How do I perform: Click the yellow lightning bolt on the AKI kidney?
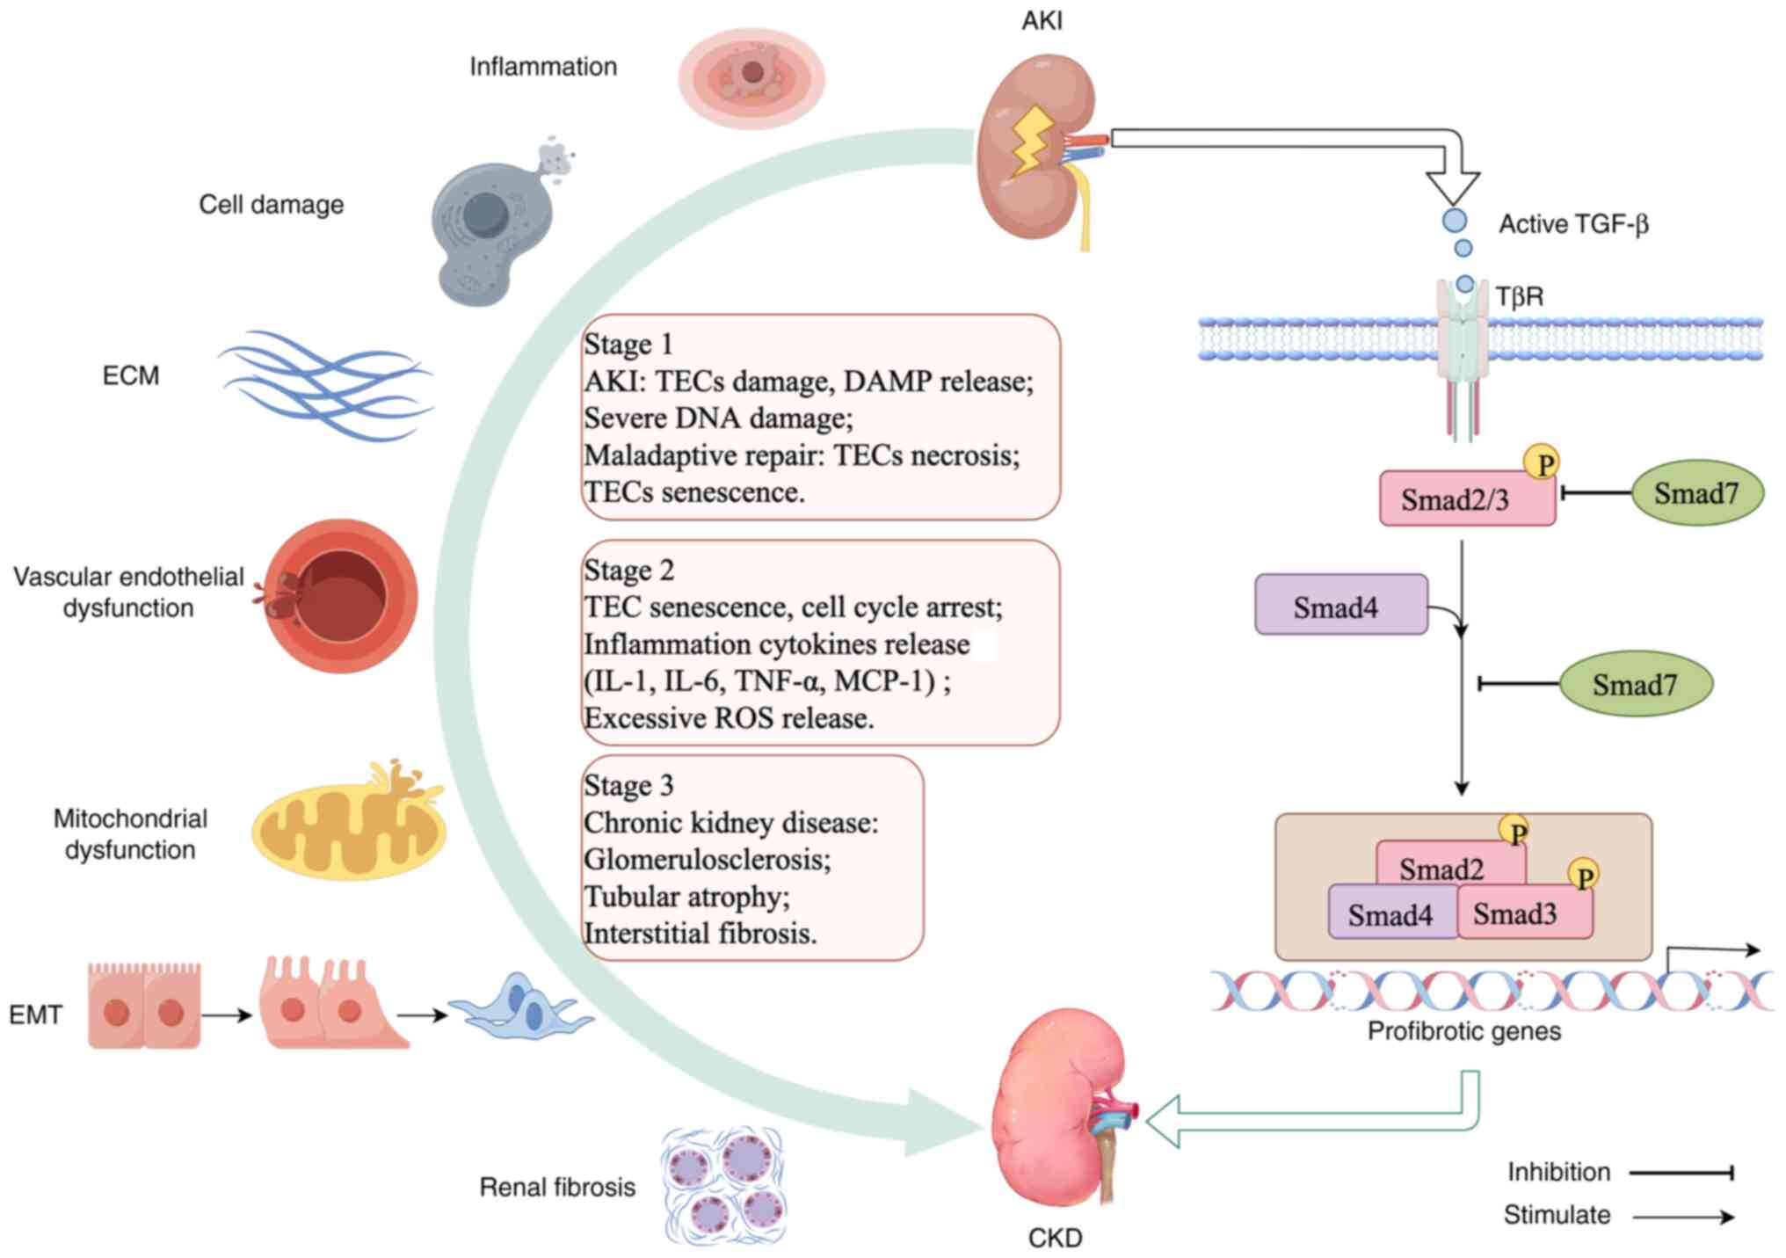1031,141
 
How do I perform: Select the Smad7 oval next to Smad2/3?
1696,493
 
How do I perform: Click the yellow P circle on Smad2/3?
1543,462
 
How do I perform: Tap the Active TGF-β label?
1572,224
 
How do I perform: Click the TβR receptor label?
1520,296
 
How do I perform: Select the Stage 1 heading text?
628,344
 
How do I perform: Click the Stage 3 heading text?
629,785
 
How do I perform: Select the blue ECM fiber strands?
325,384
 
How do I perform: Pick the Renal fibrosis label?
557,1188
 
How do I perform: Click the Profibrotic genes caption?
1463,1031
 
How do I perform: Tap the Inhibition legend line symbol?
1681,1173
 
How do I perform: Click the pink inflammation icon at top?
751,77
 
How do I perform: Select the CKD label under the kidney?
1055,1238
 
